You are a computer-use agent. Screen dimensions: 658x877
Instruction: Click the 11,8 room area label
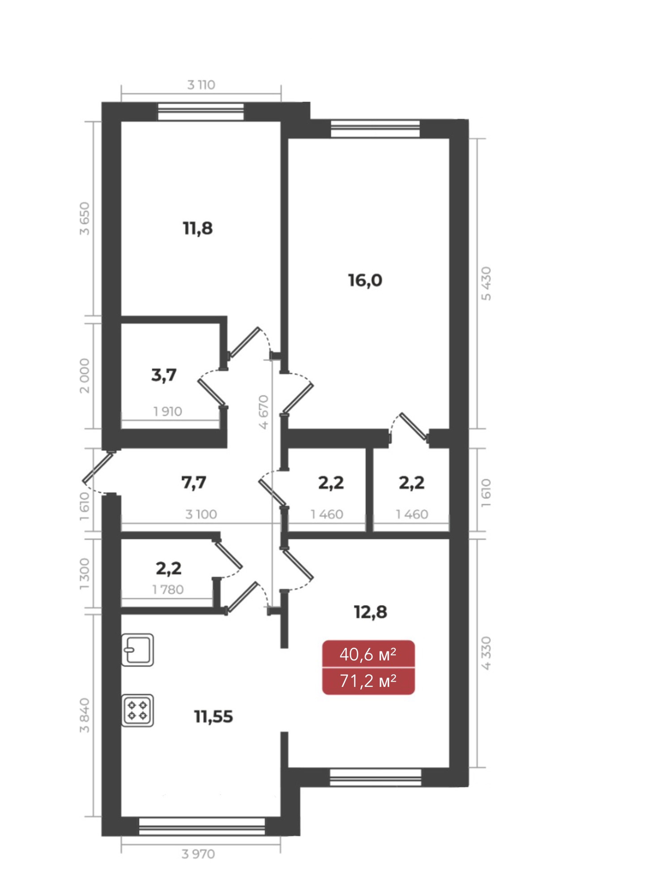tap(198, 229)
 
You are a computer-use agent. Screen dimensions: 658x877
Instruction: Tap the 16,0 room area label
tap(365, 281)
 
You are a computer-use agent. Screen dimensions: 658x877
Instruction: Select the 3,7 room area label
tap(164, 375)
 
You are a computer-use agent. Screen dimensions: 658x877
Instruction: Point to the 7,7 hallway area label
tap(194, 482)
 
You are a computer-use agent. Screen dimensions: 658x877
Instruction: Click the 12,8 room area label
tap(371, 612)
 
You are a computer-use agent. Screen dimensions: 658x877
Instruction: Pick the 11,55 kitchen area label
tap(214, 717)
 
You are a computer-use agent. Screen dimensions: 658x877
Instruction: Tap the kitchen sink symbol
tap(138, 650)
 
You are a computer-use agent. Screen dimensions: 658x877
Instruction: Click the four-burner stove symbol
tap(138, 710)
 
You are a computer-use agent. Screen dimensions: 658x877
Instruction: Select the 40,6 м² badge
tap(368, 654)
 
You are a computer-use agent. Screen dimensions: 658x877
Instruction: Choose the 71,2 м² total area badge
tap(368, 681)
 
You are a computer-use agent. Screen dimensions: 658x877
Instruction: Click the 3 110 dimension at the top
tap(201, 85)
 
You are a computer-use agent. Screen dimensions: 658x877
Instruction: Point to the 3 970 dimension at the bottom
tap(198, 854)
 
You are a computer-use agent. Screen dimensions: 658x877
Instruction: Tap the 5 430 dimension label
tap(487, 284)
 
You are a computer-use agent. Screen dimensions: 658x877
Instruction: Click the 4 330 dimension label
tap(487, 653)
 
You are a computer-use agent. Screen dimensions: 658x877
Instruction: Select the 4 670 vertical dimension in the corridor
tap(264, 412)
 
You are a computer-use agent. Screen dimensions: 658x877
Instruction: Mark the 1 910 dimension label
tap(168, 412)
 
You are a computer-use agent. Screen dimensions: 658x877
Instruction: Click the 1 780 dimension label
tap(168, 590)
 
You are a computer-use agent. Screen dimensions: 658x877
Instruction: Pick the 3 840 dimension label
tap(85, 715)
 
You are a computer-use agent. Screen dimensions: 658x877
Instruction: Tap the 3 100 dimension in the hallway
tap(201, 515)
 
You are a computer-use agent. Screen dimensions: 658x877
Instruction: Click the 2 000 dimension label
tap(85, 376)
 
